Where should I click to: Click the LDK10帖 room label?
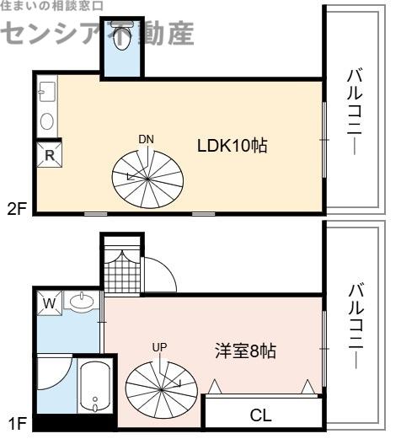click(x=233, y=146)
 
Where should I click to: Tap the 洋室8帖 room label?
click(x=246, y=351)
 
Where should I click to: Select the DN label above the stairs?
click(x=146, y=139)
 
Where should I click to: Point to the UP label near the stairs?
click(x=159, y=347)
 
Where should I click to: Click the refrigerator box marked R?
click(x=50, y=155)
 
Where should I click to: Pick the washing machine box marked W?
click(x=50, y=303)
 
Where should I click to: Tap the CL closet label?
click(x=261, y=415)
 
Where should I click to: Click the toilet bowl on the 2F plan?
click(x=122, y=36)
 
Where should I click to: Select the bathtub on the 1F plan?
click(x=95, y=387)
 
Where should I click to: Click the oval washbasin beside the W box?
click(x=82, y=302)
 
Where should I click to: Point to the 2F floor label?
click(x=17, y=209)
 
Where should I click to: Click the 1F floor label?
click(x=18, y=423)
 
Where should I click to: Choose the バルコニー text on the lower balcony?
click(x=356, y=326)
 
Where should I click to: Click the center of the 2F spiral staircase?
click(x=147, y=179)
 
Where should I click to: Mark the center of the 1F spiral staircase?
click(x=162, y=390)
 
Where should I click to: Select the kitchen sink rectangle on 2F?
click(x=47, y=92)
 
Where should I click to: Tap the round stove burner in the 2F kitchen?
click(x=47, y=121)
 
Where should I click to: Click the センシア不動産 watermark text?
click(x=99, y=32)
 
